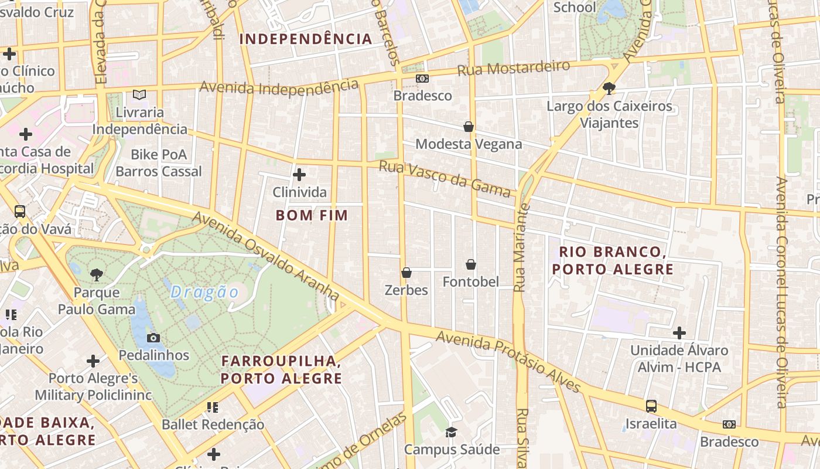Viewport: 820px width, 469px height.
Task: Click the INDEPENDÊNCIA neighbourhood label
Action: point(306,39)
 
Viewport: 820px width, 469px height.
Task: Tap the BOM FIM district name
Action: point(312,215)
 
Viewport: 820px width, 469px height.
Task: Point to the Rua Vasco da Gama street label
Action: point(445,179)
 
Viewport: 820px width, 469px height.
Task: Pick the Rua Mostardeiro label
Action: point(513,67)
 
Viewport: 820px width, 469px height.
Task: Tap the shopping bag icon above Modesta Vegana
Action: point(469,126)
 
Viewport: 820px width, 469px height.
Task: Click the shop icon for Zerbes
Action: point(406,273)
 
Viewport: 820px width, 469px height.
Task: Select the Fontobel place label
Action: point(471,282)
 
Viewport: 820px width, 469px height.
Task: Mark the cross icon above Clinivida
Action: point(299,175)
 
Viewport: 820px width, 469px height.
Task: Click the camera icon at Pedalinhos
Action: point(153,338)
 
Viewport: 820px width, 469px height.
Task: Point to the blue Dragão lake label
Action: point(205,292)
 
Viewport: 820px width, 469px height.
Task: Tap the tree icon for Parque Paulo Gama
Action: point(97,274)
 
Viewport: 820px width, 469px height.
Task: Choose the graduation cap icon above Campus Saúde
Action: point(451,432)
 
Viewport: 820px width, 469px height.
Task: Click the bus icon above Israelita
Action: point(651,406)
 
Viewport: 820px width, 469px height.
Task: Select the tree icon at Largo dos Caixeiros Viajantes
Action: point(609,89)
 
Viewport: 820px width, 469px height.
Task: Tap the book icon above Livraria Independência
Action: point(139,94)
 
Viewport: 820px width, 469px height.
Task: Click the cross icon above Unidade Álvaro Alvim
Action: point(679,333)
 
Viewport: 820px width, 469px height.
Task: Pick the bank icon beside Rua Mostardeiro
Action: point(422,78)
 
